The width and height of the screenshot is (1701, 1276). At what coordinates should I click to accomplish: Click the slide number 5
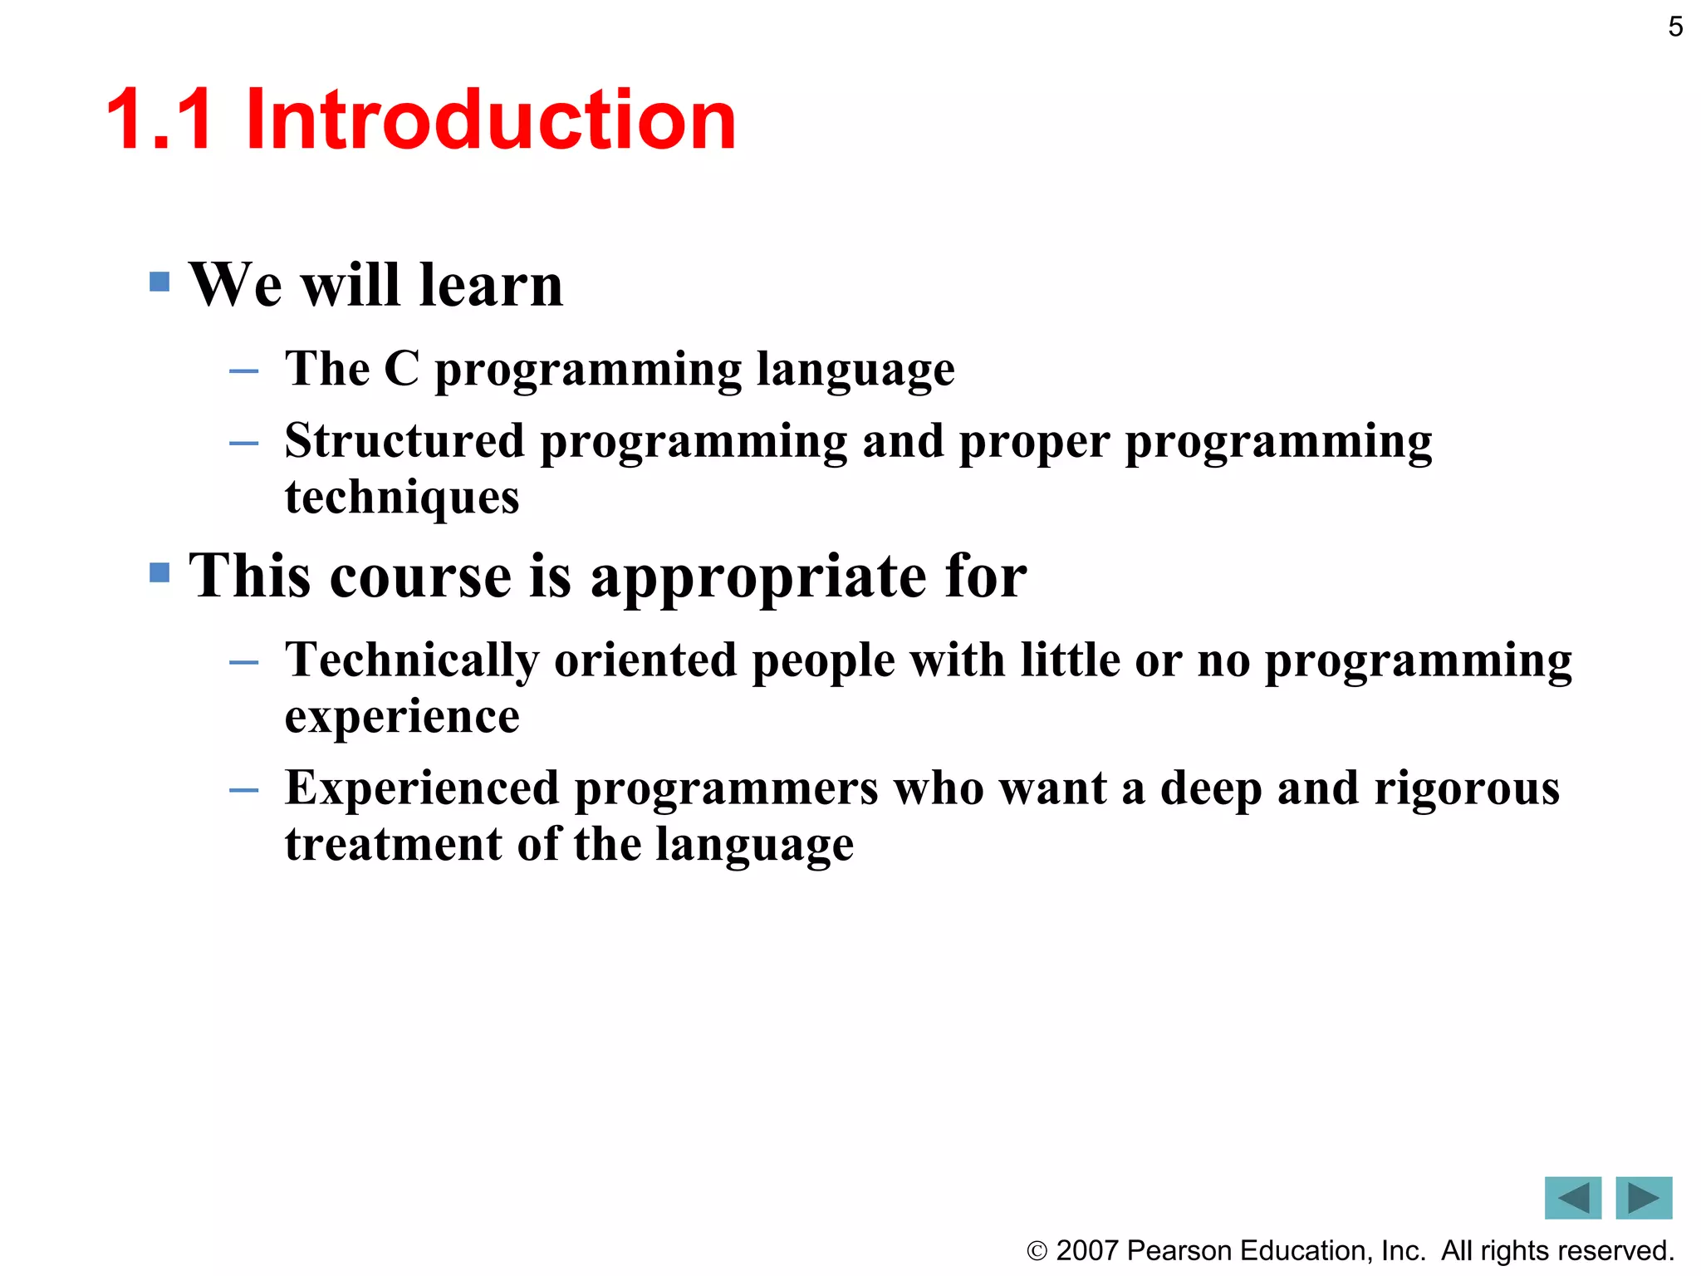(x=1675, y=27)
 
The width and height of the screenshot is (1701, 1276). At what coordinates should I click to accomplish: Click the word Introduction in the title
(x=490, y=120)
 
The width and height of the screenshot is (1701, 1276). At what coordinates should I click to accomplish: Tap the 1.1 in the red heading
(x=159, y=120)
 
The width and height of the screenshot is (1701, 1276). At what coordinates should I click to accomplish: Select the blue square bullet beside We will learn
(x=159, y=282)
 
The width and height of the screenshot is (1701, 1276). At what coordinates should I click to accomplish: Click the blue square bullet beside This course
(x=159, y=572)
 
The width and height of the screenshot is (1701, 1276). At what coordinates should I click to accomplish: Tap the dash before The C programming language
(x=243, y=371)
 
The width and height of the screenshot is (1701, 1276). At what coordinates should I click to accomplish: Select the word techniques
(x=402, y=498)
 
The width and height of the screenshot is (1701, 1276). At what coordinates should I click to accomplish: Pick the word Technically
(x=411, y=661)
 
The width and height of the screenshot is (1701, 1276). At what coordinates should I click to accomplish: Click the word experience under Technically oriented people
(x=402, y=717)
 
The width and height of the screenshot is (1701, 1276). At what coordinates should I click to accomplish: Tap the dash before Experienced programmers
(x=243, y=790)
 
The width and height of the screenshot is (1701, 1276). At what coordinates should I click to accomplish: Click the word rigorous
(x=1467, y=788)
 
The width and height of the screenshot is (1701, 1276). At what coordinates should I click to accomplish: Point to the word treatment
(x=393, y=844)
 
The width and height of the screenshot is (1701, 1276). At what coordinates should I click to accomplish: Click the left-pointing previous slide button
(x=1572, y=1198)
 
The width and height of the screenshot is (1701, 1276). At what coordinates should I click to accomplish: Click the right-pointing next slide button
(x=1643, y=1198)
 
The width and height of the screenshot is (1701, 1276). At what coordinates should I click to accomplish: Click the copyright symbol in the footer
(x=1037, y=1251)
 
